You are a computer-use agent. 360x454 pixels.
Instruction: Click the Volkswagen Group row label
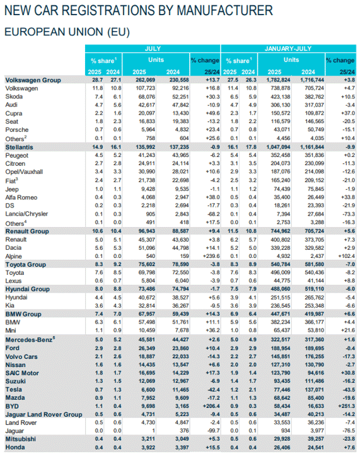pyautogui.click(x=33, y=80)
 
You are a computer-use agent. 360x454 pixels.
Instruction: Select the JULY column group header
pyautogui.click(x=153, y=49)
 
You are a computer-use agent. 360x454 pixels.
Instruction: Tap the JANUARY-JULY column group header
pyautogui.click(x=288, y=49)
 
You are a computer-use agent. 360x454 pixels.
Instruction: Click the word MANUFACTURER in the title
pyautogui.click(x=224, y=11)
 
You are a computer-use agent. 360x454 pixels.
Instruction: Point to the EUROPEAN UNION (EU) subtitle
pyautogui.click(x=67, y=32)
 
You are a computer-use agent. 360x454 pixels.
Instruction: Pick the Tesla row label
pyautogui.click(x=14, y=390)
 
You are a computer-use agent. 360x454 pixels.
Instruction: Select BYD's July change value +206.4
pyautogui.click(x=211, y=406)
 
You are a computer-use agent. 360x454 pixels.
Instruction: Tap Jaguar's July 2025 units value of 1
pyautogui.click(x=153, y=431)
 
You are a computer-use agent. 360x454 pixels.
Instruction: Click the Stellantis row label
pyautogui.click(x=19, y=147)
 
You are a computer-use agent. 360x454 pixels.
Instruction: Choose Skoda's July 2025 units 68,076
pyautogui.click(x=146, y=96)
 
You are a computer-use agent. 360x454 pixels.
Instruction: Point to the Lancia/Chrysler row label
pyautogui.click(x=26, y=214)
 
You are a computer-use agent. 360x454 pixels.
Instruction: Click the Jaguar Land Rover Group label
pyautogui.click(x=44, y=414)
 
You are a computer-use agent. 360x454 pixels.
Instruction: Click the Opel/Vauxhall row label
pyautogui.click(x=24, y=172)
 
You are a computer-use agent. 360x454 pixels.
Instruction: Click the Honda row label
pyautogui.click(x=15, y=447)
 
